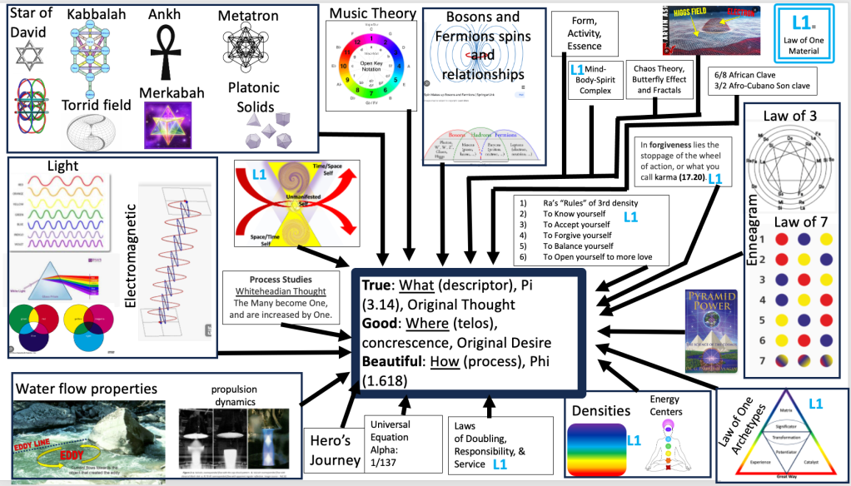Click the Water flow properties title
87,388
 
